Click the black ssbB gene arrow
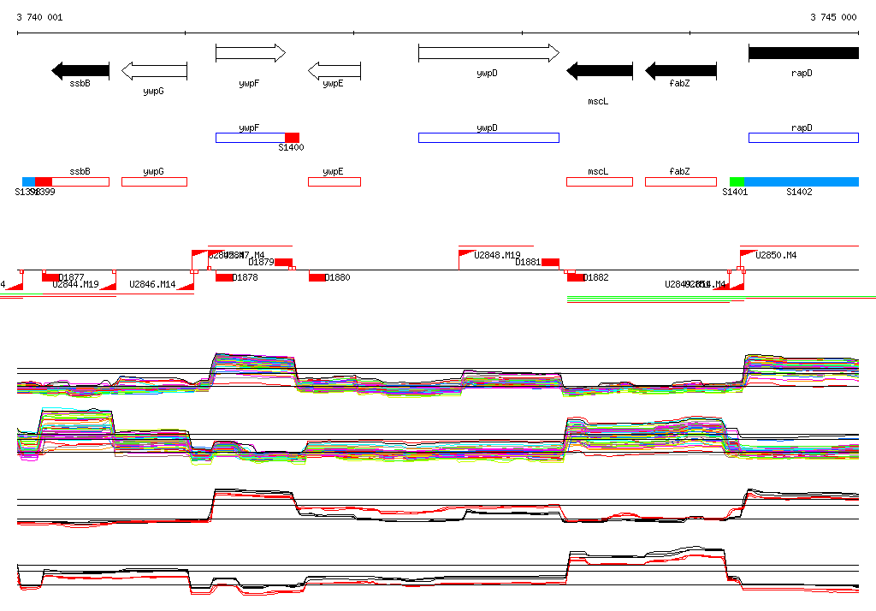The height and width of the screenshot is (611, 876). (80, 71)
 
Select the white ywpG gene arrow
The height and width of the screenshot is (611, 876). (154, 71)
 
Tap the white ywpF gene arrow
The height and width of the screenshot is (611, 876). (251, 54)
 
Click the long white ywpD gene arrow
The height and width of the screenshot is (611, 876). (488, 54)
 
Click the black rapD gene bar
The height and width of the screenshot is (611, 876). (803, 53)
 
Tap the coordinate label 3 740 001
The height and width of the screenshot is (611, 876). (39, 17)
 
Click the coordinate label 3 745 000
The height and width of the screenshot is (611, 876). (833, 17)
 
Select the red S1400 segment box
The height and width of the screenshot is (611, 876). (292, 138)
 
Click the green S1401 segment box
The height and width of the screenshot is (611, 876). (737, 181)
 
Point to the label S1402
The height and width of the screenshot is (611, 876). (799, 193)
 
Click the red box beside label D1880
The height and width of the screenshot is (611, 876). (317, 277)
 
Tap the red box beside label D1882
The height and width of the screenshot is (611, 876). (574, 277)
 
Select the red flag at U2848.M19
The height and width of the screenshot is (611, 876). (467, 254)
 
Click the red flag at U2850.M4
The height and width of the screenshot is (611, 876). (748, 254)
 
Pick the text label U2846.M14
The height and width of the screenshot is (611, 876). (152, 284)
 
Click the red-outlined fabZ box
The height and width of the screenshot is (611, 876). (680, 181)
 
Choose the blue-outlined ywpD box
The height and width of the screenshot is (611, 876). (488, 138)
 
